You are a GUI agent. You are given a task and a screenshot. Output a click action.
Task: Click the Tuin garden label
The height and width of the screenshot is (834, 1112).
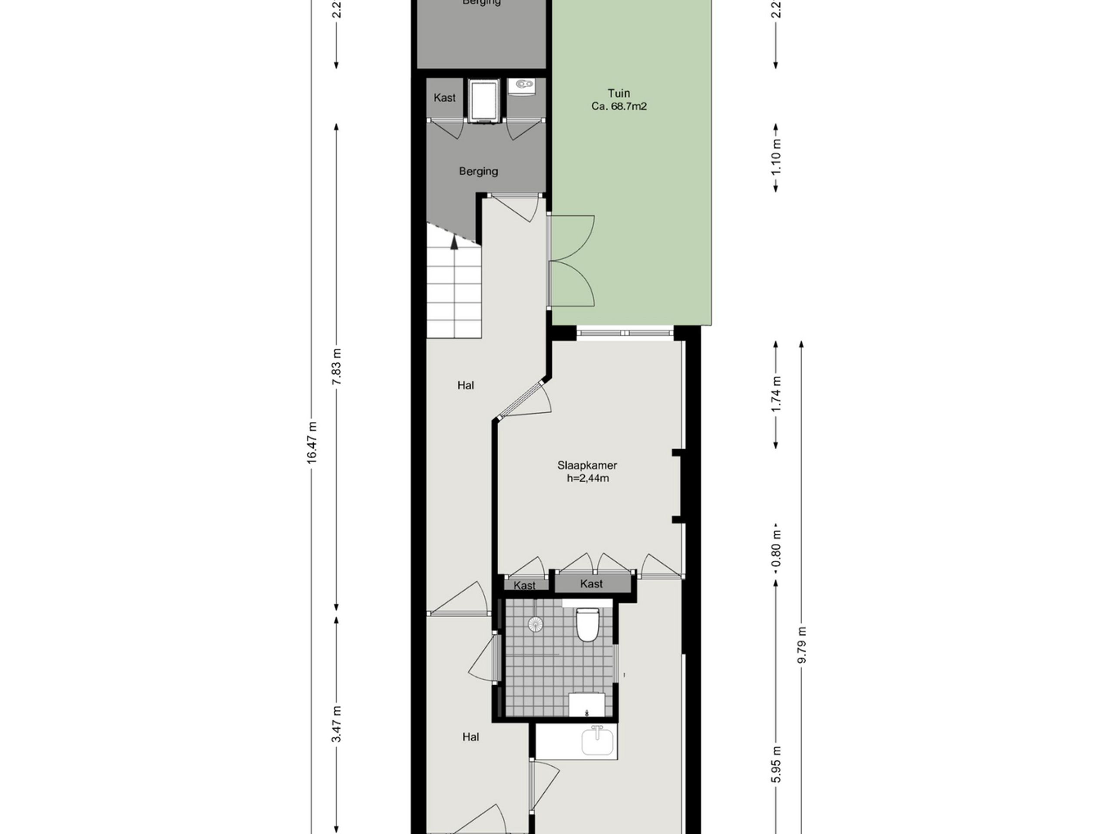619,93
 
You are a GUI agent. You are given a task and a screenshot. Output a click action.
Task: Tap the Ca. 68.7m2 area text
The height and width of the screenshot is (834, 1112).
619,106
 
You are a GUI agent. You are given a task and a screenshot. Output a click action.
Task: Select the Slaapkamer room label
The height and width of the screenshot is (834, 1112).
587,465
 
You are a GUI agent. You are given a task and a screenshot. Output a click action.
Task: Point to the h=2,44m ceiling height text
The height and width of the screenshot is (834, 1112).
588,478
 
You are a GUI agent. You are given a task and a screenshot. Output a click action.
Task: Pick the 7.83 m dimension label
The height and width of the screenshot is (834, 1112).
337,366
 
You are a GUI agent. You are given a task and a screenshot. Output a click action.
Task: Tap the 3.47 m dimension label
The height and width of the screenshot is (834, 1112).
337,724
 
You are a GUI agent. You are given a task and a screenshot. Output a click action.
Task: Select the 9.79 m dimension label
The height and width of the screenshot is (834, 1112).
802,645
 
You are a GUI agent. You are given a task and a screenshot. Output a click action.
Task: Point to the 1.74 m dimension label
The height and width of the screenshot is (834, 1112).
776,394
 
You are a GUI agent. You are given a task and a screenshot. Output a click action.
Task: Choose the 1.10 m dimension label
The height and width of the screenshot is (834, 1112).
776,157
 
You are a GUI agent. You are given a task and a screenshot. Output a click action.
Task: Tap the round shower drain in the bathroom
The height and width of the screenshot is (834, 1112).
536,624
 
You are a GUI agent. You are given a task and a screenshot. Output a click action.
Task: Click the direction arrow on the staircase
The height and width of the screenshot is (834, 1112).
454,242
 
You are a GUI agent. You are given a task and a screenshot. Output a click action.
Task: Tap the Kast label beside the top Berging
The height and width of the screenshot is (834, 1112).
444,98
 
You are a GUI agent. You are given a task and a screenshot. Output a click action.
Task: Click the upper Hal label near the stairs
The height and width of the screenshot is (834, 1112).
466,386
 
